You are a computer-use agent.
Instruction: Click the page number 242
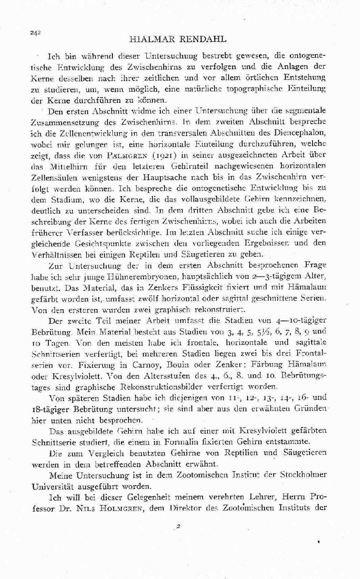tap(35, 32)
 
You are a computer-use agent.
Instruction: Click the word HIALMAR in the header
tap(149, 37)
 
